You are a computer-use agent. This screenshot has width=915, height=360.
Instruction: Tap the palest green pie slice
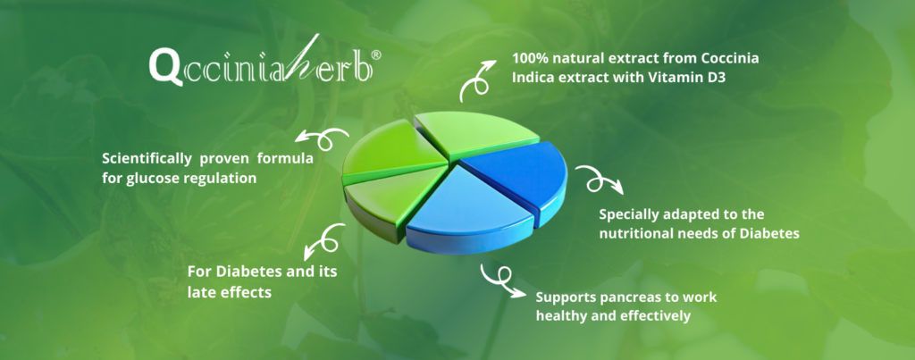(x=475, y=133)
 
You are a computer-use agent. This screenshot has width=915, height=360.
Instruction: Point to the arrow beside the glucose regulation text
(x=321, y=138)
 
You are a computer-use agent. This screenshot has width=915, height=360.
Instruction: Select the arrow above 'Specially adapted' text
(x=598, y=178)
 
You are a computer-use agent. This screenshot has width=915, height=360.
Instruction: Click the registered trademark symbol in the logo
(x=376, y=54)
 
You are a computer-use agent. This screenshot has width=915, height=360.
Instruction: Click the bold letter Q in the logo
(x=161, y=66)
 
